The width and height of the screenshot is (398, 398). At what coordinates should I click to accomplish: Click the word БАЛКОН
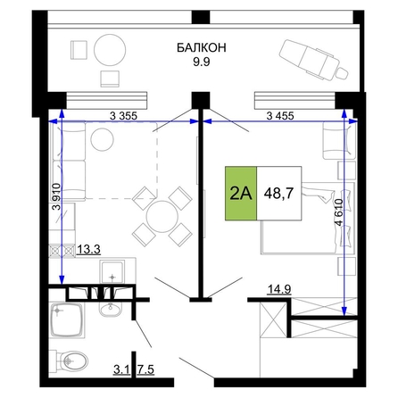(202, 47)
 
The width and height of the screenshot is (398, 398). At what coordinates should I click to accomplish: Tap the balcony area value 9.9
(202, 62)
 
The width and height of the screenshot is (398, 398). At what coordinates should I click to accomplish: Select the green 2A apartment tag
(241, 194)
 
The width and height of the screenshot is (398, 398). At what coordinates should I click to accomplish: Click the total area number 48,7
(278, 194)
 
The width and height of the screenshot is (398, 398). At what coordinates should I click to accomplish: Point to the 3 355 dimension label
(123, 116)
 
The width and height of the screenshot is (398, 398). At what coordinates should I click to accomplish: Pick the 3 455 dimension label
(280, 116)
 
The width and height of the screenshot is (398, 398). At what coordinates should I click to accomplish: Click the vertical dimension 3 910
(56, 196)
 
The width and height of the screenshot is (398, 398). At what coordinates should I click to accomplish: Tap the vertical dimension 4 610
(339, 211)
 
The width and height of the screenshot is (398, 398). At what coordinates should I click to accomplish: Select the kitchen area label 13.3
(89, 250)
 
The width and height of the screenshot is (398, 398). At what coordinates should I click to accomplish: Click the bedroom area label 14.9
(279, 289)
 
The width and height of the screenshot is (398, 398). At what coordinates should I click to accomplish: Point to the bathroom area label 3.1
(121, 369)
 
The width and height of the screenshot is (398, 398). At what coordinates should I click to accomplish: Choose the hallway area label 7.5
(145, 369)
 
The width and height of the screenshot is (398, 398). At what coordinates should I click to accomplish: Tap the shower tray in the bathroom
(68, 320)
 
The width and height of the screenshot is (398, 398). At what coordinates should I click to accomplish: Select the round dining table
(162, 216)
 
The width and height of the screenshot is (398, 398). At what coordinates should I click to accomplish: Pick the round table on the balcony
(110, 50)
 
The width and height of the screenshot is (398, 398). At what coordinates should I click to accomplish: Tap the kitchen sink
(112, 272)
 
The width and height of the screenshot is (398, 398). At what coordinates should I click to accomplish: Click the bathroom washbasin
(111, 309)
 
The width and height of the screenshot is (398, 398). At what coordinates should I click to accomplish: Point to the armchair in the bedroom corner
(339, 141)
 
